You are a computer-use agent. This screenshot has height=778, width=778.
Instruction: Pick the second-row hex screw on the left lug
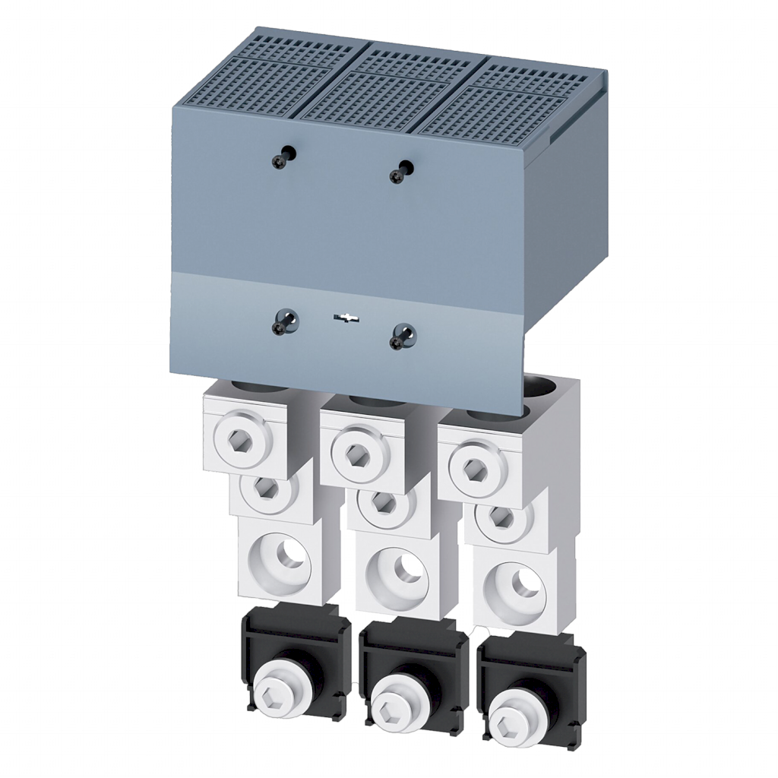266,487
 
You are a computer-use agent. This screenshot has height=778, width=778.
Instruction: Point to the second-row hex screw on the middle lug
384,501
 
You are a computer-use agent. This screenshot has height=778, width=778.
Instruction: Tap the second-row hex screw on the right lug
501,517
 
